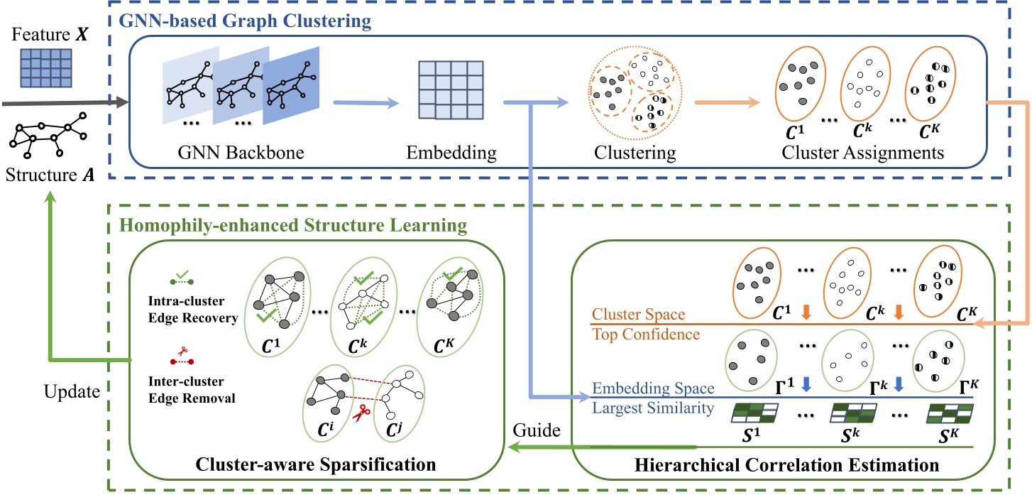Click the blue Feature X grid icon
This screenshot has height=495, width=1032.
click(x=46, y=68)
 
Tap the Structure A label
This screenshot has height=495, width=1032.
click(x=50, y=175)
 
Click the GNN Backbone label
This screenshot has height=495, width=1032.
click(x=241, y=153)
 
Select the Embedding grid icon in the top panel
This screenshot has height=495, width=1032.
click(x=451, y=90)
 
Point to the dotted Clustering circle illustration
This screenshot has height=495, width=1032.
click(x=635, y=92)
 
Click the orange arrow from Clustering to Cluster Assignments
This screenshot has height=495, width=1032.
click(x=727, y=102)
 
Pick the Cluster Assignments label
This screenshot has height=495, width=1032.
click(x=862, y=153)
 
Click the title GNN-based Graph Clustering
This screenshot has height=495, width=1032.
click(x=245, y=21)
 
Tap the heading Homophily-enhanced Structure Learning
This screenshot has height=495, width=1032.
click(x=293, y=225)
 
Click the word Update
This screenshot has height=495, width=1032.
click(x=72, y=392)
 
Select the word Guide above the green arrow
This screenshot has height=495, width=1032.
click(x=537, y=430)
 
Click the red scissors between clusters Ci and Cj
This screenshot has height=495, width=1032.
click(x=361, y=413)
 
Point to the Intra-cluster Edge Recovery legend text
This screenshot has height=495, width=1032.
click(x=193, y=309)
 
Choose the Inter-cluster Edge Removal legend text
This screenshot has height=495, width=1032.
click(x=192, y=390)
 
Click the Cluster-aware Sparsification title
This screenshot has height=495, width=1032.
click(x=316, y=464)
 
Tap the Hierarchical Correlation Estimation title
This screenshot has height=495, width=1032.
click(x=786, y=465)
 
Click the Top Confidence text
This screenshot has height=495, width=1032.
click(x=645, y=334)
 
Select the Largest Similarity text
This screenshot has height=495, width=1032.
click(x=653, y=408)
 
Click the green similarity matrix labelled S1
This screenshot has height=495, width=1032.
click(x=754, y=413)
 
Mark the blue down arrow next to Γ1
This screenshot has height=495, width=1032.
click(x=806, y=384)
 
